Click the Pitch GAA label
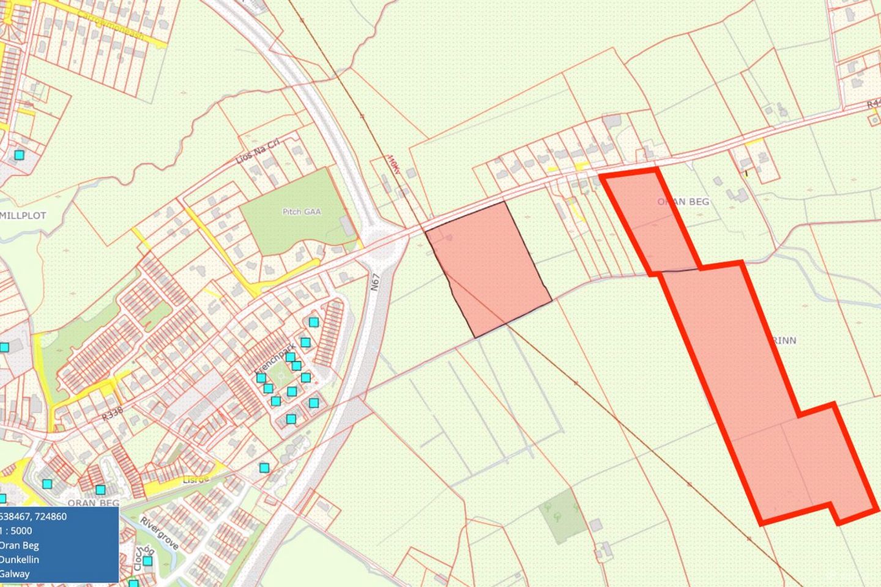coord(301,212)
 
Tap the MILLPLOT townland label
coord(23,216)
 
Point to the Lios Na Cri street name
coord(258,152)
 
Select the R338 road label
coord(113,413)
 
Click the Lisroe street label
coord(196,479)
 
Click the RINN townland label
coord(785,341)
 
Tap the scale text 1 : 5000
coord(17,531)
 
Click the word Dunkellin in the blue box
coord(20,559)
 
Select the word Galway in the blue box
coord(15,574)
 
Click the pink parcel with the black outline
coord(489,269)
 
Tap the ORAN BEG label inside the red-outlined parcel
coord(683,201)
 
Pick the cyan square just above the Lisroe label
coord(264,468)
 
